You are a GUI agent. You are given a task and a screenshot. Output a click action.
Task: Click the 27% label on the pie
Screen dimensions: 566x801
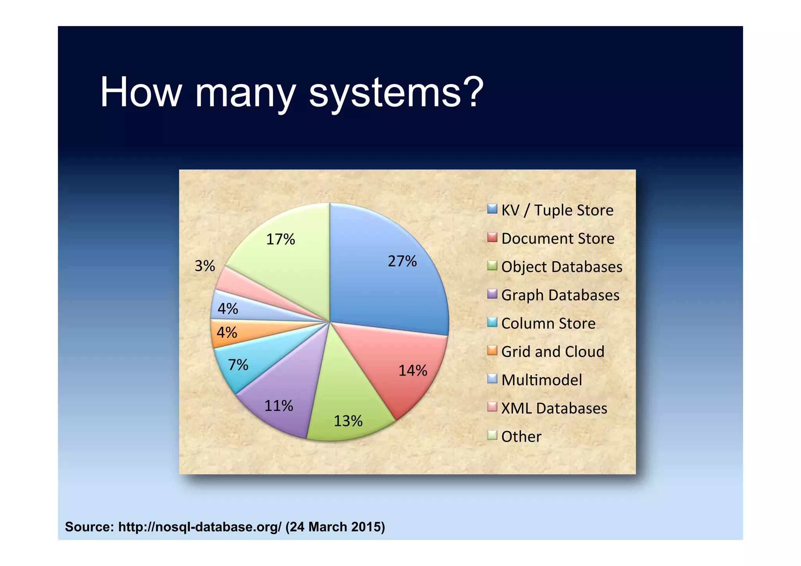click(x=402, y=261)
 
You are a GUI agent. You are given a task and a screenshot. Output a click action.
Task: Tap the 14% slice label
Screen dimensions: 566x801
click(x=413, y=370)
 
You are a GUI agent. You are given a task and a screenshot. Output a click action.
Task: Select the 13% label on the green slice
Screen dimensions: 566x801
click(x=348, y=421)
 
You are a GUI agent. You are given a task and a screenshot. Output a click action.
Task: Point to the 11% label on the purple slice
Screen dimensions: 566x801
click(x=278, y=406)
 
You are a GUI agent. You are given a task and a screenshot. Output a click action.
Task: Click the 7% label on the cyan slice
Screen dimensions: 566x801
click(x=238, y=365)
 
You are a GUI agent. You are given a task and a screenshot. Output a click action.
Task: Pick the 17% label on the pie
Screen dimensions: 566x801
click(x=280, y=239)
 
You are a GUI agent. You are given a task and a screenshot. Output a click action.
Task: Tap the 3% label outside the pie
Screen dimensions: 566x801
click(x=205, y=266)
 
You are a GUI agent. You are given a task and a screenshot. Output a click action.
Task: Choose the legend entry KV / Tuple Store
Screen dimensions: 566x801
click(x=557, y=210)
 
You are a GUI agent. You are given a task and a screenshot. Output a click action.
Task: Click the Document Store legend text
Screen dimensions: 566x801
click(x=558, y=239)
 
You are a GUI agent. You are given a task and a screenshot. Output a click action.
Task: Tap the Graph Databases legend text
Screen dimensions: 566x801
click(x=560, y=295)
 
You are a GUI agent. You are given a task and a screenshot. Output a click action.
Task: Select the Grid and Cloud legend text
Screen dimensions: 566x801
click(x=553, y=352)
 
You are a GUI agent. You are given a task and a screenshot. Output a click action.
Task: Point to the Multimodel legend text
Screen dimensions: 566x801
click(x=542, y=380)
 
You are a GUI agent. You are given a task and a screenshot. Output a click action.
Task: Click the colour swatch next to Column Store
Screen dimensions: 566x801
click(x=492, y=322)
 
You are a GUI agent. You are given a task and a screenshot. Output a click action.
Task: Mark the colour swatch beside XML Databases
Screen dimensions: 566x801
click(x=492, y=407)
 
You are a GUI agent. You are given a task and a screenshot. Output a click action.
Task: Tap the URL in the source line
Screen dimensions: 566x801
click(x=199, y=527)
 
